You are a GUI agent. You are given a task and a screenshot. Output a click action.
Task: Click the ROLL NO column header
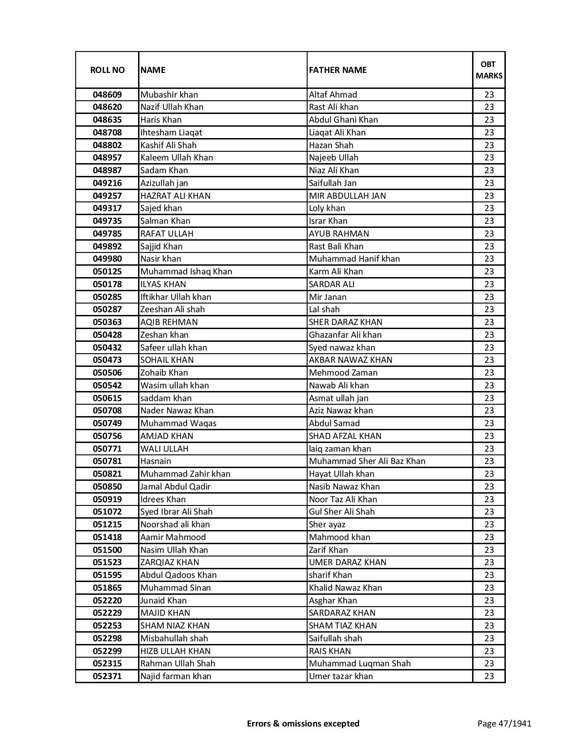pos(107,70)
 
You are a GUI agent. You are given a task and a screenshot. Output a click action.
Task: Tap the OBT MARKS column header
pos(488,70)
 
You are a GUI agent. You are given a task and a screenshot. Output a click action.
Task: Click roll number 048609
pos(107,95)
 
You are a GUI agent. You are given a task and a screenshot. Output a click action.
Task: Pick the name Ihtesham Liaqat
pos(171,133)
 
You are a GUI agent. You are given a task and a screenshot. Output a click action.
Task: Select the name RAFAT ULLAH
pos(167,234)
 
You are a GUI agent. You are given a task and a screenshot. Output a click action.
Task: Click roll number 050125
pos(107,272)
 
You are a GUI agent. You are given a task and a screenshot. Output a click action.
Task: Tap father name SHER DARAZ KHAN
pos(345,322)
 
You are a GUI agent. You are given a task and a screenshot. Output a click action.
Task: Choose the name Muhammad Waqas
pos(178,423)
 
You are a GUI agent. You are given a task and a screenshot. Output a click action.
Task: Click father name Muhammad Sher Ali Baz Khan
pos(367,461)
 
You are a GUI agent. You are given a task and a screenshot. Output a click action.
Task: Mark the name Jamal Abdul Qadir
pos(175,487)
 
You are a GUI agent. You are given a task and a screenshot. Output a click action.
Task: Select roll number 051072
pos(107,512)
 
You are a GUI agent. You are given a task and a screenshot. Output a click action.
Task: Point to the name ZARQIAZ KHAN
pos(170,562)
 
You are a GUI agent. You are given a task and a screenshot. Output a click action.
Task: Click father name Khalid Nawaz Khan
pos(345,588)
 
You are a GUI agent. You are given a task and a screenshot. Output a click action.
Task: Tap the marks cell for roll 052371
pos(488,676)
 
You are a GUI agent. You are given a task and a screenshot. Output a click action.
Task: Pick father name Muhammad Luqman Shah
pos(360,664)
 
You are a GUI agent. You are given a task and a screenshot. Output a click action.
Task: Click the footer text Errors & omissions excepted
pos(303,723)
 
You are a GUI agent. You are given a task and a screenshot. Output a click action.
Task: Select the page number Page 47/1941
pos(504,723)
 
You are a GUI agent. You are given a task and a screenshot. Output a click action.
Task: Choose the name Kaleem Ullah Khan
pos(177,158)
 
